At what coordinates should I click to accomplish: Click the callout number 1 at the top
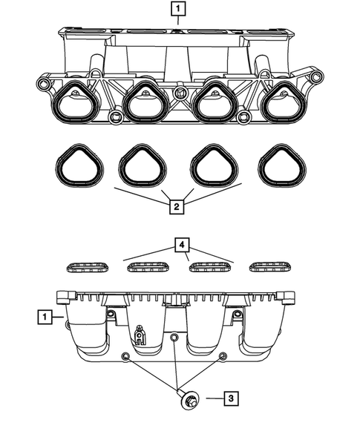coord(179,10)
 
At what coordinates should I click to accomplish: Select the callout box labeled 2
coord(176,207)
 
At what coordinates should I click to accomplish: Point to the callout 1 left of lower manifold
coord(46,318)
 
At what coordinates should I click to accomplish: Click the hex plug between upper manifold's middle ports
coord(180,93)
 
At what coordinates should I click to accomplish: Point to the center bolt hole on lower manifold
coord(174,338)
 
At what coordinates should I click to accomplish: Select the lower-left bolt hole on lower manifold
coord(128,358)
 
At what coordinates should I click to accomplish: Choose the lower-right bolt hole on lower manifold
coord(221,358)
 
